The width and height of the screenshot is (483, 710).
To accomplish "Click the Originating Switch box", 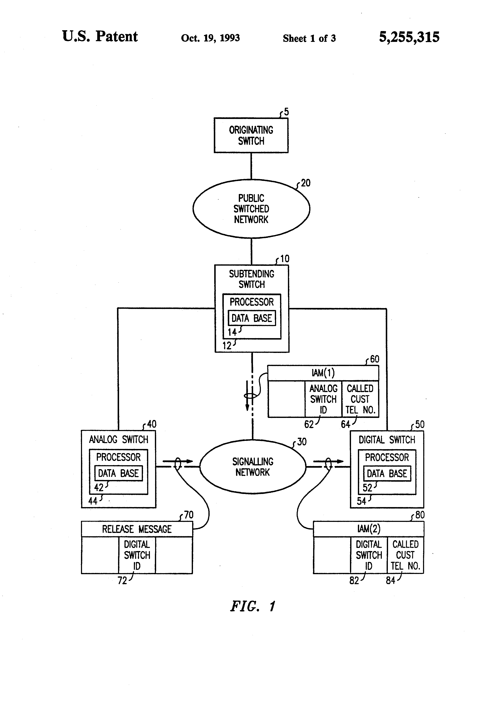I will [x=251, y=135].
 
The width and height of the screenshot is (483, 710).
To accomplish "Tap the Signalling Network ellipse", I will [x=253, y=467].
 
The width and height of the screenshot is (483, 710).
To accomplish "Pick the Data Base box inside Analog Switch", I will [x=118, y=473].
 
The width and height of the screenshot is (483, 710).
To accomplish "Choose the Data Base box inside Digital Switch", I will [x=387, y=474].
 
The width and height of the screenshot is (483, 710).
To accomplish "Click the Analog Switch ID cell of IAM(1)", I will [x=323, y=399].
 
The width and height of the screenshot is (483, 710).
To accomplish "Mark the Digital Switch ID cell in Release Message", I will [x=137, y=555].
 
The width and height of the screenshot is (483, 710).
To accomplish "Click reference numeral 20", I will [x=305, y=183].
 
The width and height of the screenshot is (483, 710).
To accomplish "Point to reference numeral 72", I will [x=122, y=580].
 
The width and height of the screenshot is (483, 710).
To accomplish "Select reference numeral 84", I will [x=391, y=580].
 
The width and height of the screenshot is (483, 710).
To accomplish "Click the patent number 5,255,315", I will [x=409, y=37].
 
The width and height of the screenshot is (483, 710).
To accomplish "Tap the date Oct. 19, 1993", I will [x=210, y=38].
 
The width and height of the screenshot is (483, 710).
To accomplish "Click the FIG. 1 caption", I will [x=253, y=606].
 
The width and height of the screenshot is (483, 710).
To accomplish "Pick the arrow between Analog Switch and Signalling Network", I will [x=178, y=461].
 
